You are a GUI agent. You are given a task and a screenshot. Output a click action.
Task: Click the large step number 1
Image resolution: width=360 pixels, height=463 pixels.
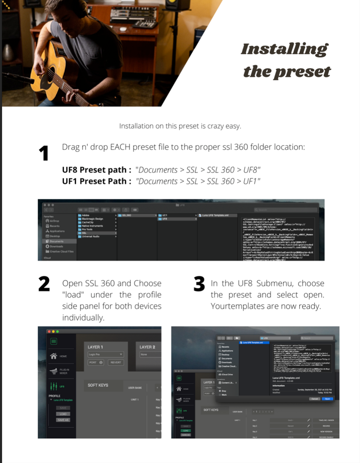43,153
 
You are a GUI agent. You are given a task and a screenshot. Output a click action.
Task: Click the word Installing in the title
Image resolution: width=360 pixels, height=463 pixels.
284,49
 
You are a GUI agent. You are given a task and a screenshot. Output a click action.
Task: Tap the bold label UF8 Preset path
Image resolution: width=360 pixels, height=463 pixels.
96,170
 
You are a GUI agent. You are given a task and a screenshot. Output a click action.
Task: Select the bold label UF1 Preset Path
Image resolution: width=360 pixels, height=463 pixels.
96,181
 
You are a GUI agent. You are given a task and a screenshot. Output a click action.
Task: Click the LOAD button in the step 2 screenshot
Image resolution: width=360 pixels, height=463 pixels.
63,414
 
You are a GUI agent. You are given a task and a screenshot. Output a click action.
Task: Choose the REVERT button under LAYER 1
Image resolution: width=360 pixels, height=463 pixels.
116,363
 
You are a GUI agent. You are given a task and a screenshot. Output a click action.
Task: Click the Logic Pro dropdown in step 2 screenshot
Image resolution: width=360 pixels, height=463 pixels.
106,354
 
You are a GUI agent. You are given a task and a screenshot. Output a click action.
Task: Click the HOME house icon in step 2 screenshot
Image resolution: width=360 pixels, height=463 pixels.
53,356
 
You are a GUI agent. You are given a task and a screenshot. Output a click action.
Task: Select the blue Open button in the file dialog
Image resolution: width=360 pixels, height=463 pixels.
327,399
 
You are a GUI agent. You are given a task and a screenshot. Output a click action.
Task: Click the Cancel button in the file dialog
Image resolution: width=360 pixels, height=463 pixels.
315,399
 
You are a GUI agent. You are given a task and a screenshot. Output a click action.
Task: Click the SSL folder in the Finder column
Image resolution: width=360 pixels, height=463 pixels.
84,233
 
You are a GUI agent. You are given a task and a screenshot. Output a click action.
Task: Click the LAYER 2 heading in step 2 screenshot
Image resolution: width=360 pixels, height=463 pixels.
148,347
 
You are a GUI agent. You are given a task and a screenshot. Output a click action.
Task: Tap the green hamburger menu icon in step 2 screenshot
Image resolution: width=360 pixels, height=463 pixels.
53,341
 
